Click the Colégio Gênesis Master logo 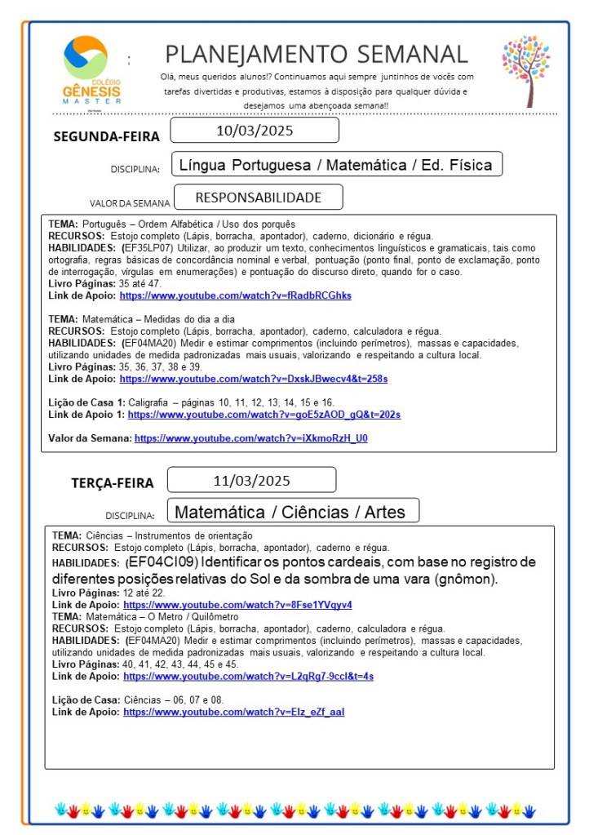(91, 69)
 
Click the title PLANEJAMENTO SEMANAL (317, 55)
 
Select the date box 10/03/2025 (255, 131)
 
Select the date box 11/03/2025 (251, 480)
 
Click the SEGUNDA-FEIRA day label (106, 136)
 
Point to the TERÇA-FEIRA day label (112, 483)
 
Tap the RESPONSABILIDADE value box (258, 198)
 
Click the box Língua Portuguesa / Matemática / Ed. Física (336, 165)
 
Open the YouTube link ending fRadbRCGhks (235, 295)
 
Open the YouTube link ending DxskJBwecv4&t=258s (253, 379)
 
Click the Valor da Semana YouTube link (250, 438)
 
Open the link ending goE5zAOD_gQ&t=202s (259, 415)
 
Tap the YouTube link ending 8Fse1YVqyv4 (237, 605)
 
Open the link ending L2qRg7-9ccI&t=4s (248, 676)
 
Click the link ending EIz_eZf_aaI (233, 712)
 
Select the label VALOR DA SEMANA (130, 203)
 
